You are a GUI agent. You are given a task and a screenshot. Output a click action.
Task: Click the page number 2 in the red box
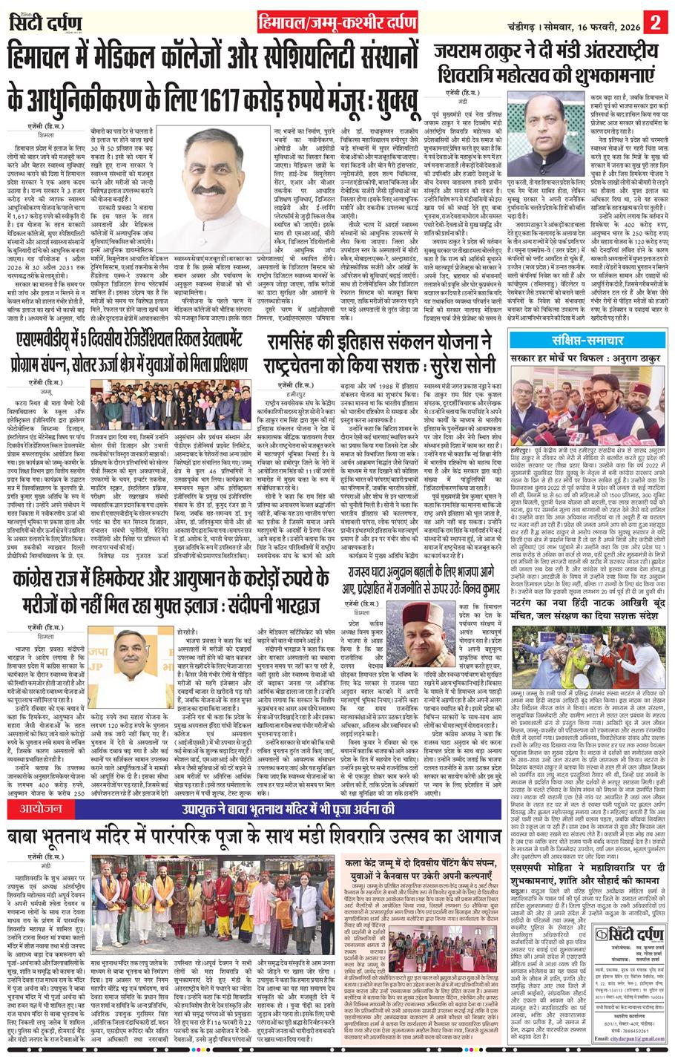[656, 16]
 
